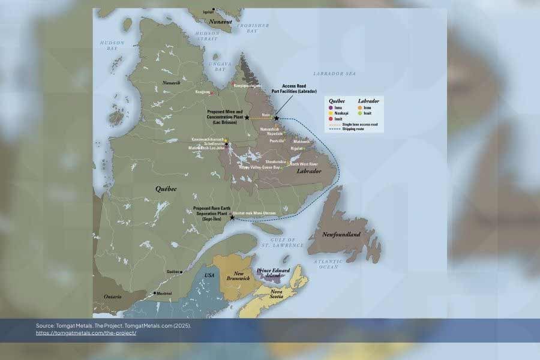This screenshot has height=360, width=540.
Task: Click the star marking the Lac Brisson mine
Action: click(247, 118)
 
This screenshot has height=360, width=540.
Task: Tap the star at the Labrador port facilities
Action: click(277, 118)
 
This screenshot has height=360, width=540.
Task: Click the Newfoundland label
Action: click(341, 234)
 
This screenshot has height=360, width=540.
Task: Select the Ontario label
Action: click(112, 296)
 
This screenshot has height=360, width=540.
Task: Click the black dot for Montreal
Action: click(155, 293)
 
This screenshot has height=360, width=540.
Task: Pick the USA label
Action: click(209, 275)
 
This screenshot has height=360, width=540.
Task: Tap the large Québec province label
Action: click(167, 188)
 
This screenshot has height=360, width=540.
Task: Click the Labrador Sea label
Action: click(335, 73)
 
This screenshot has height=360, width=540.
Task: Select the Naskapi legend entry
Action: click(340, 113)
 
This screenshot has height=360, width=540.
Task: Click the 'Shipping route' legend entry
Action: click(355, 129)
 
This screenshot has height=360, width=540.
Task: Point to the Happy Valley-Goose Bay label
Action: click(260, 167)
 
